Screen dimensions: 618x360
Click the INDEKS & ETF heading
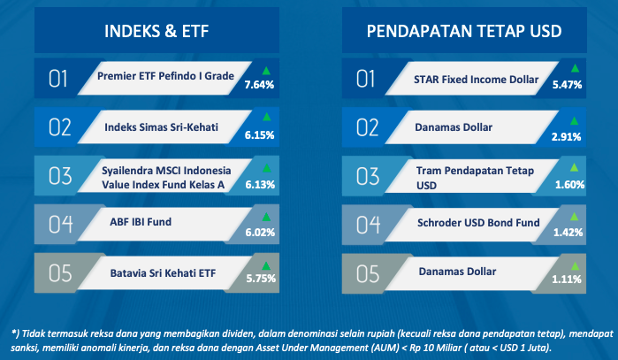pyautogui.click(x=156, y=31)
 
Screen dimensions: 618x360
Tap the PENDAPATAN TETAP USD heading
pyautogui.click(x=464, y=31)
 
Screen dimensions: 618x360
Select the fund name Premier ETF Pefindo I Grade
pyautogui.click(x=165, y=76)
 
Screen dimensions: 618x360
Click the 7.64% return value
pyautogui.click(x=259, y=84)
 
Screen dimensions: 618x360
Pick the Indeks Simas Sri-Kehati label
pyautogui.click(x=161, y=127)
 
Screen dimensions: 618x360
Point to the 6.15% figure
pyautogui.click(x=259, y=135)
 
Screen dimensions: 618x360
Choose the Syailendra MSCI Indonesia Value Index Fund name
pyautogui.click(x=166, y=178)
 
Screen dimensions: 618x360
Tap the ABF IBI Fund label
pyautogui.click(x=141, y=222)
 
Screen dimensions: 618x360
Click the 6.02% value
pyautogui.click(x=260, y=233)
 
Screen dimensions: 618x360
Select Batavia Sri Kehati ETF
pyautogui.click(x=163, y=272)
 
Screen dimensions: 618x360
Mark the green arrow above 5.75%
pyautogui.click(x=266, y=265)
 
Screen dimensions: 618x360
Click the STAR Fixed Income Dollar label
pyautogui.click(x=476, y=80)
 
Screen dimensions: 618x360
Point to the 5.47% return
pyautogui.click(x=567, y=84)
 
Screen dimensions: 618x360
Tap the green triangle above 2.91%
pyautogui.click(x=575, y=120)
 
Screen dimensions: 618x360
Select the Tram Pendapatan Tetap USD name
pyautogui.click(x=475, y=178)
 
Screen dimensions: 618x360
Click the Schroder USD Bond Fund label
pyautogui.click(x=478, y=222)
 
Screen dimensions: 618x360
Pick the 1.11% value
pyautogui.click(x=567, y=280)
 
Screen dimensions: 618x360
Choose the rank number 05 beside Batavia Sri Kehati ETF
pyautogui.click(x=60, y=273)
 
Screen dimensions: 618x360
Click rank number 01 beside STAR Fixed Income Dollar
pyautogui.click(x=365, y=79)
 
